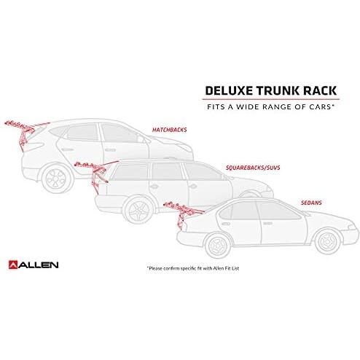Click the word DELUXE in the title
click(229, 90)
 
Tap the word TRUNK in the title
click(278, 90)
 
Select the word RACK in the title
click(320, 90)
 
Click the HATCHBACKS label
click(170, 130)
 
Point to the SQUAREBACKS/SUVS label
click(253, 168)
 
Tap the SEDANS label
click(311, 203)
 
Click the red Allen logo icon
click(13, 265)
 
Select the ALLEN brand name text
click(39, 265)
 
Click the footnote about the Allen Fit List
click(193, 268)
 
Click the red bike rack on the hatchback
click(24, 133)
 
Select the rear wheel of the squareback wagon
click(138, 210)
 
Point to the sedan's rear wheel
click(218, 246)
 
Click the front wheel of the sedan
click(328, 241)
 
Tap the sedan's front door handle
click(267, 223)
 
